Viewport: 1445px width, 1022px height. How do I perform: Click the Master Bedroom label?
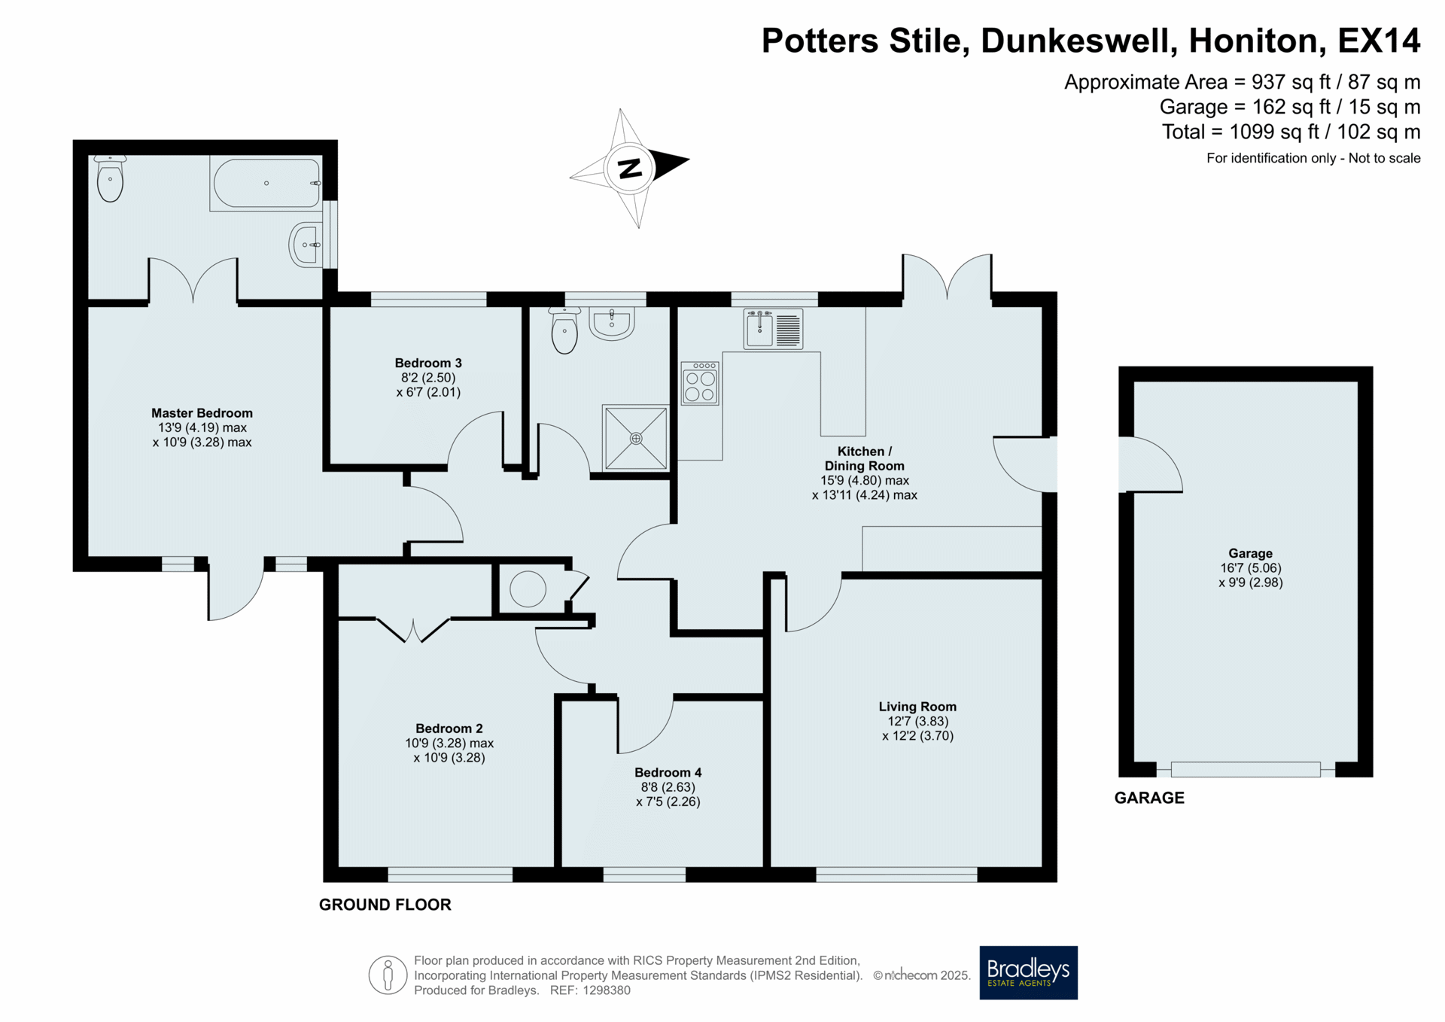(x=202, y=413)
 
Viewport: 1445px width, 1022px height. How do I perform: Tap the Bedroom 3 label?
(x=428, y=363)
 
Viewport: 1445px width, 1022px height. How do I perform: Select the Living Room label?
(x=917, y=707)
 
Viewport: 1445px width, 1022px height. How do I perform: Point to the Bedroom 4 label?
(x=668, y=773)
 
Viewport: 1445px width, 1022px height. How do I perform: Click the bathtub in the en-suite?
(x=266, y=183)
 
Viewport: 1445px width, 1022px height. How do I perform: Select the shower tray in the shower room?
(x=635, y=438)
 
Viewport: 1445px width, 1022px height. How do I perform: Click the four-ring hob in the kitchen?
(x=700, y=383)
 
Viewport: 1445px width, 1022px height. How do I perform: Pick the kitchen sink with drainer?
(x=773, y=329)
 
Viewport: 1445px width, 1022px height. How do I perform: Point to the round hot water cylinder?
(x=528, y=589)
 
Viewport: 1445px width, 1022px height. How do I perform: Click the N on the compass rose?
(x=630, y=168)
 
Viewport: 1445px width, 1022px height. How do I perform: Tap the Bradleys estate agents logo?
(x=1028, y=972)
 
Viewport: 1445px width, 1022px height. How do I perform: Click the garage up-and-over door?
(x=1246, y=769)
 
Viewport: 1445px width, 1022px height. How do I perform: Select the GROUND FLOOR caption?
(x=385, y=905)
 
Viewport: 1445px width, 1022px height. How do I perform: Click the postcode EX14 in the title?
(x=1379, y=41)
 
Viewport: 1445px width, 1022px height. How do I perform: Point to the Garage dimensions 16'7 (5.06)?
(x=1250, y=568)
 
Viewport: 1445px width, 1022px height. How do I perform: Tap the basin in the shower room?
(x=611, y=324)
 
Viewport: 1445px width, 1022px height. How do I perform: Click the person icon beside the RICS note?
(x=388, y=975)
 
